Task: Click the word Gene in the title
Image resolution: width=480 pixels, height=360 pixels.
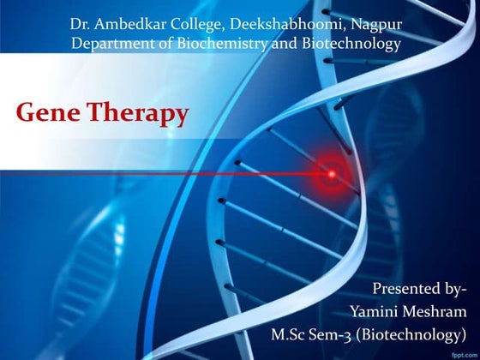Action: tap(48, 112)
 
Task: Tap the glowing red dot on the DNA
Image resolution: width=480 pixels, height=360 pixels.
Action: tap(329, 175)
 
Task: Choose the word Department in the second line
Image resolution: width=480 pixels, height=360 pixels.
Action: tap(111, 44)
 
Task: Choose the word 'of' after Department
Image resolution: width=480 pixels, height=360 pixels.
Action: tap(165, 44)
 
